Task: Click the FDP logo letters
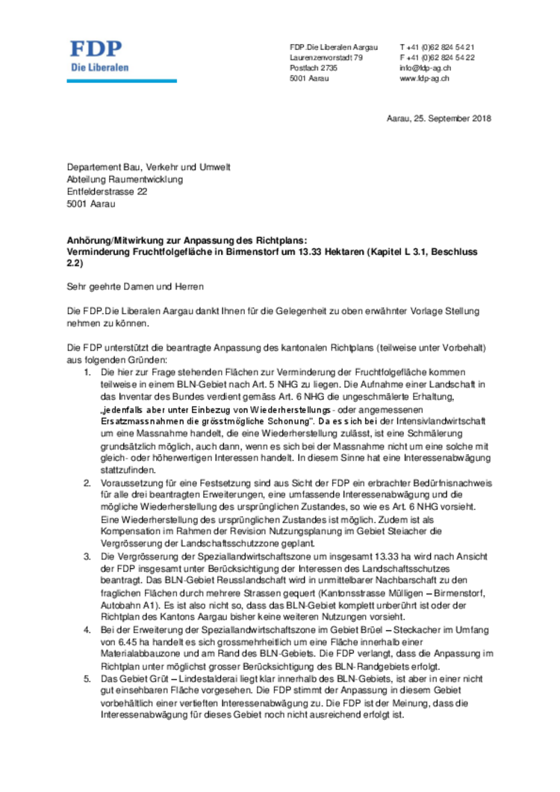(x=96, y=49)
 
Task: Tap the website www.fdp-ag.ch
(x=423, y=78)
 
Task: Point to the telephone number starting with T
(x=437, y=47)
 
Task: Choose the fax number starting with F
(x=437, y=57)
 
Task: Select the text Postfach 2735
(x=314, y=68)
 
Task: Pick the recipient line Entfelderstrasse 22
(x=107, y=192)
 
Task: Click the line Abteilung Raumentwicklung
(x=125, y=180)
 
